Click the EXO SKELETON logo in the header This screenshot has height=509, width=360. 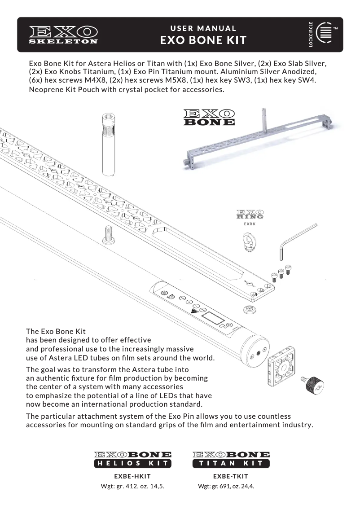63,35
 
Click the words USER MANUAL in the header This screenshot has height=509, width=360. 203,28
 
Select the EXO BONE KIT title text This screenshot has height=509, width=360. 203,40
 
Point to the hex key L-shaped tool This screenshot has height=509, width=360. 296,240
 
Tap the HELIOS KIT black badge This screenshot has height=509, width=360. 132,463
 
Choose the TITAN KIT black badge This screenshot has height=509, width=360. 231,463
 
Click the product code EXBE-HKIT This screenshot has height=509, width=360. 132,476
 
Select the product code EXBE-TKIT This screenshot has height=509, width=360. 230,476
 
